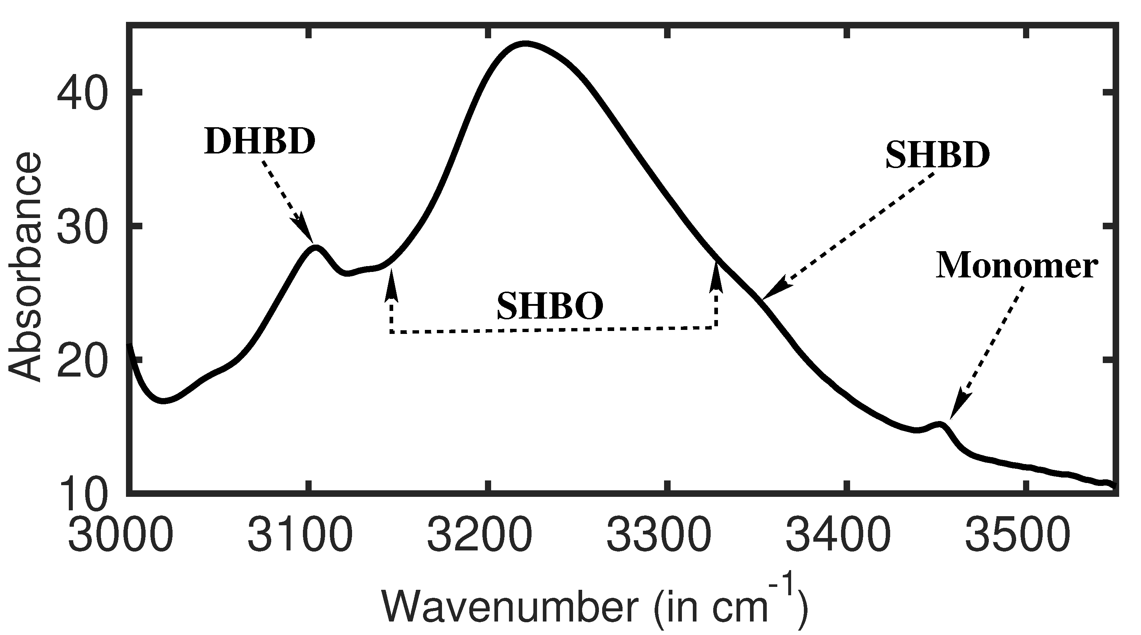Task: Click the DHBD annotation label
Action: [260, 142]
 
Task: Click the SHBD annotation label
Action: [937, 156]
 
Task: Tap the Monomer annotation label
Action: [1016, 266]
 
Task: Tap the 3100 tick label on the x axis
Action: [300, 536]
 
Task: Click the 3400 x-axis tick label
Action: [838, 536]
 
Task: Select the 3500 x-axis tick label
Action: [1018, 536]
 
